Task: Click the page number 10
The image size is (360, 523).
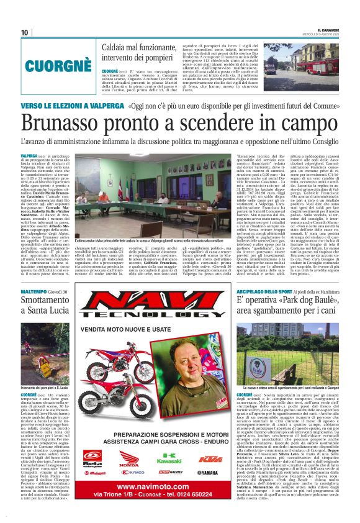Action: coord(25,32)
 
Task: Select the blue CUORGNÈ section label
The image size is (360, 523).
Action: coord(54,63)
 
